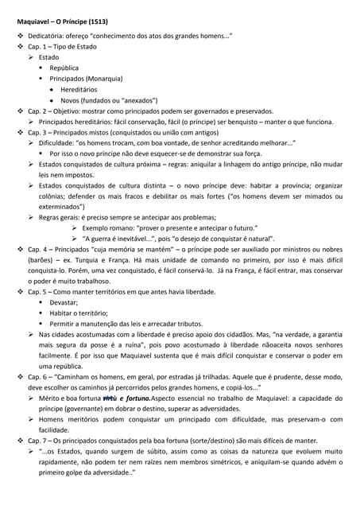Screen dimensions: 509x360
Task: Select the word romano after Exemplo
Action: [126, 227]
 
